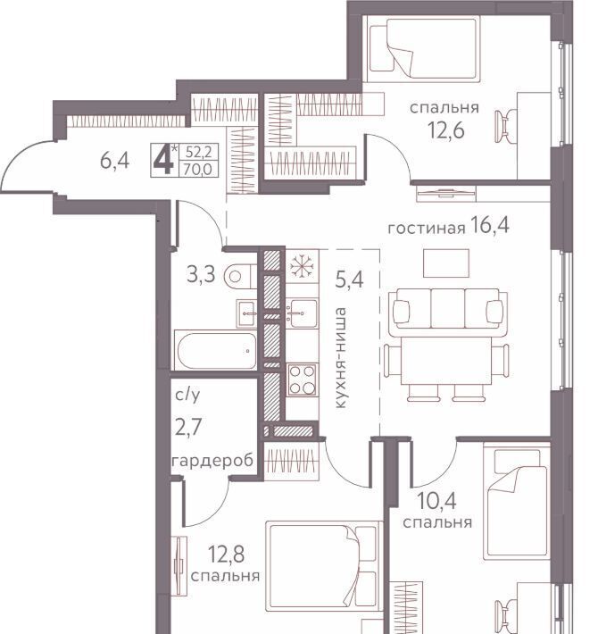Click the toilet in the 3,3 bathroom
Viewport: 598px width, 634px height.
click(240, 277)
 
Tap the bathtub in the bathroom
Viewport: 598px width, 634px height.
click(215, 350)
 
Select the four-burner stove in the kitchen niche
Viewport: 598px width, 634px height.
click(302, 380)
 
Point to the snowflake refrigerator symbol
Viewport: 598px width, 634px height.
click(302, 266)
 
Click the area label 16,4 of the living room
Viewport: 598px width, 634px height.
click(490, 225)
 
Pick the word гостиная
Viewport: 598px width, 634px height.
click(427, 229)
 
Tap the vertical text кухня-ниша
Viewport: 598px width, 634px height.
click(340, 358)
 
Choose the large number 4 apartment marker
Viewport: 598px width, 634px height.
click(164, 162)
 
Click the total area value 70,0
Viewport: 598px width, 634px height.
click(198, 169)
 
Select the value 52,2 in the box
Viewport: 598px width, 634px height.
click(199, 153)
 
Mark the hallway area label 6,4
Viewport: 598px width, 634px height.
click(114, 162)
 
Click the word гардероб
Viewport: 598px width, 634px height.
click(213, 461)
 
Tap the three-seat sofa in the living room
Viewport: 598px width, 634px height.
click(448, 309)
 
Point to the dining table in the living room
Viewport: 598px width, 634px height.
click(446, 362)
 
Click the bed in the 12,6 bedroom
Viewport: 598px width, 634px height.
click(423, 47)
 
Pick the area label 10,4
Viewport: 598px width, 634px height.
click(436, 501)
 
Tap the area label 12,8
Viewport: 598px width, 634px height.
click(226, 554)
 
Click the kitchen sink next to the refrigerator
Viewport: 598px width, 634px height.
click(302, 313)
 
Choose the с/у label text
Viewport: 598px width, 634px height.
click(187, 395)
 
